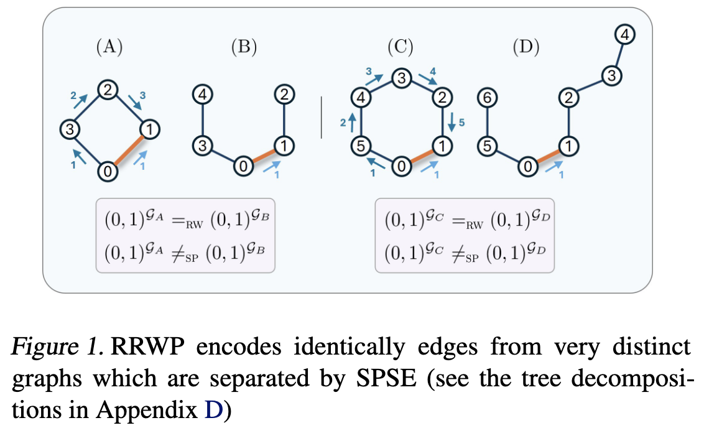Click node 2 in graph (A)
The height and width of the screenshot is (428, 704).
(x=108, y=90)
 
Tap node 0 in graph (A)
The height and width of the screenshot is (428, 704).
(x=108, y=169)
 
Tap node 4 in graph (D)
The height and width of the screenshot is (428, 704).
(x=626, y=36)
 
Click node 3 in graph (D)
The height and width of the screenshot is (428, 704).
(x=611, y=77)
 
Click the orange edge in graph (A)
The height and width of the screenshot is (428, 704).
(x=129, y=149)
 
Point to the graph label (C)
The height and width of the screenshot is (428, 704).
(x=401, y=47)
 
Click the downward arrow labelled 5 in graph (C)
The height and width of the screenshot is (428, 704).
(x=451, y=121)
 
